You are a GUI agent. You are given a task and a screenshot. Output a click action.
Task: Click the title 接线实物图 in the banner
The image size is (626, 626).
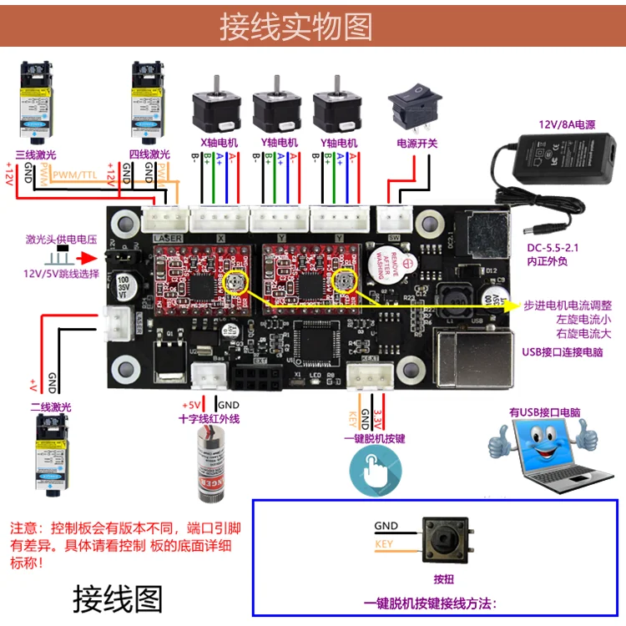coord(296,26)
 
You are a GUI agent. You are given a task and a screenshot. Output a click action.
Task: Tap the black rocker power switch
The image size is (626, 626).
coord(415,109)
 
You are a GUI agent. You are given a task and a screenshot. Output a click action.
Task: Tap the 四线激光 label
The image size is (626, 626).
coord(149,154)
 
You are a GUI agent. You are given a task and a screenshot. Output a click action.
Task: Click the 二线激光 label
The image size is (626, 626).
coord(51,406)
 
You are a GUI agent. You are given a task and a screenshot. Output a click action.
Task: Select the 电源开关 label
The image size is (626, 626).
coord(416,143)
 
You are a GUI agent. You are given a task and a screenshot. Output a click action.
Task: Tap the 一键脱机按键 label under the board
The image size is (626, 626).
coord(374,437)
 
